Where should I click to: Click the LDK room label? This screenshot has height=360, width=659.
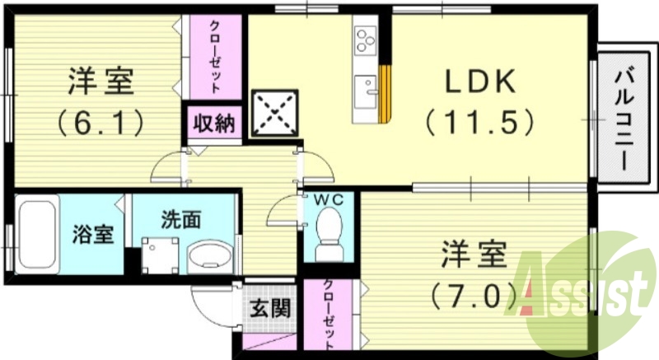[x=481, y=81]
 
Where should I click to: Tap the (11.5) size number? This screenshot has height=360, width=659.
[x=481, y=123]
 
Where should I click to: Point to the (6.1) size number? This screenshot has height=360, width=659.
[x=101, y=124]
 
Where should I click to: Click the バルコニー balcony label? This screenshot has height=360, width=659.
[x=624, y=119]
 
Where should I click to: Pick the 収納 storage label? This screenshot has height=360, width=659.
[x=213, y=124]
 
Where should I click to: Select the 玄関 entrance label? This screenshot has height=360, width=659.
[x=269, y=309]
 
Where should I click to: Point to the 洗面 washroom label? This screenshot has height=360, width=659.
[x=180, y=220]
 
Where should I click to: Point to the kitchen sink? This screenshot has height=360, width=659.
[x=365, y=87]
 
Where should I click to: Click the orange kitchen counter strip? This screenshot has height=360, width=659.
[x=384, y=93]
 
